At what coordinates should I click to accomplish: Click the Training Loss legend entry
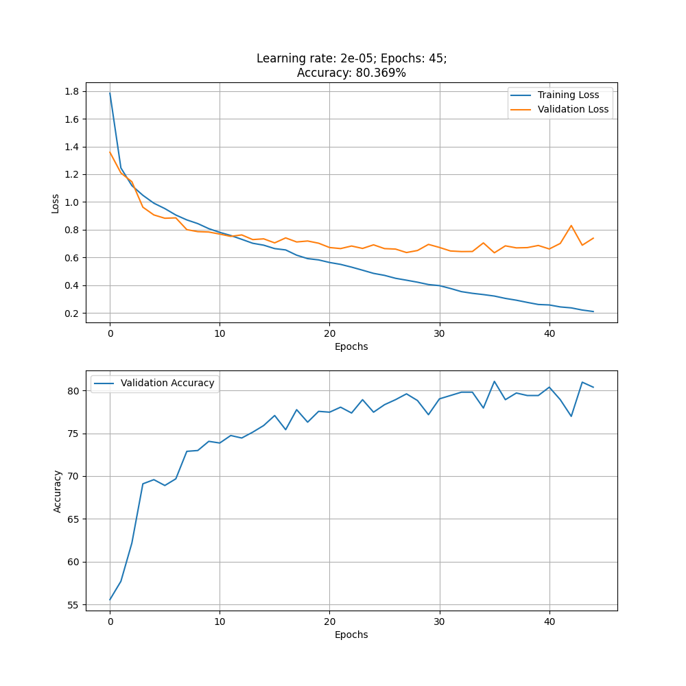click(x=568, y=95)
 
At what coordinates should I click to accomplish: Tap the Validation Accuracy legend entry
click(x=167, y=383)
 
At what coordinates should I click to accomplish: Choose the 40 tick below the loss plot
click(x=549, y=334)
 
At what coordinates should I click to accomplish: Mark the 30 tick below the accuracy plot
click(x=440, y=622)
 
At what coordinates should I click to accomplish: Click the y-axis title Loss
click(x=56, y=203)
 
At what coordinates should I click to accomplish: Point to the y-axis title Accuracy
click(x=58, y=491)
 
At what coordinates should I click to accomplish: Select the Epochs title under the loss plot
click(x=351, y=347)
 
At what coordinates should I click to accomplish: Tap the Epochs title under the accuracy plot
click(x=351, y=635)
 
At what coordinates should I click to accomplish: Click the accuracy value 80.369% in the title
click(x=381, y=73)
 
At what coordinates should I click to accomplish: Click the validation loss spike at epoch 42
click(x=571, y=226)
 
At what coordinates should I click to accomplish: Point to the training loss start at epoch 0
click(x=110, y=93)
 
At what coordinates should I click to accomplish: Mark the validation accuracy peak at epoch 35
click(x=495, y=381)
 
